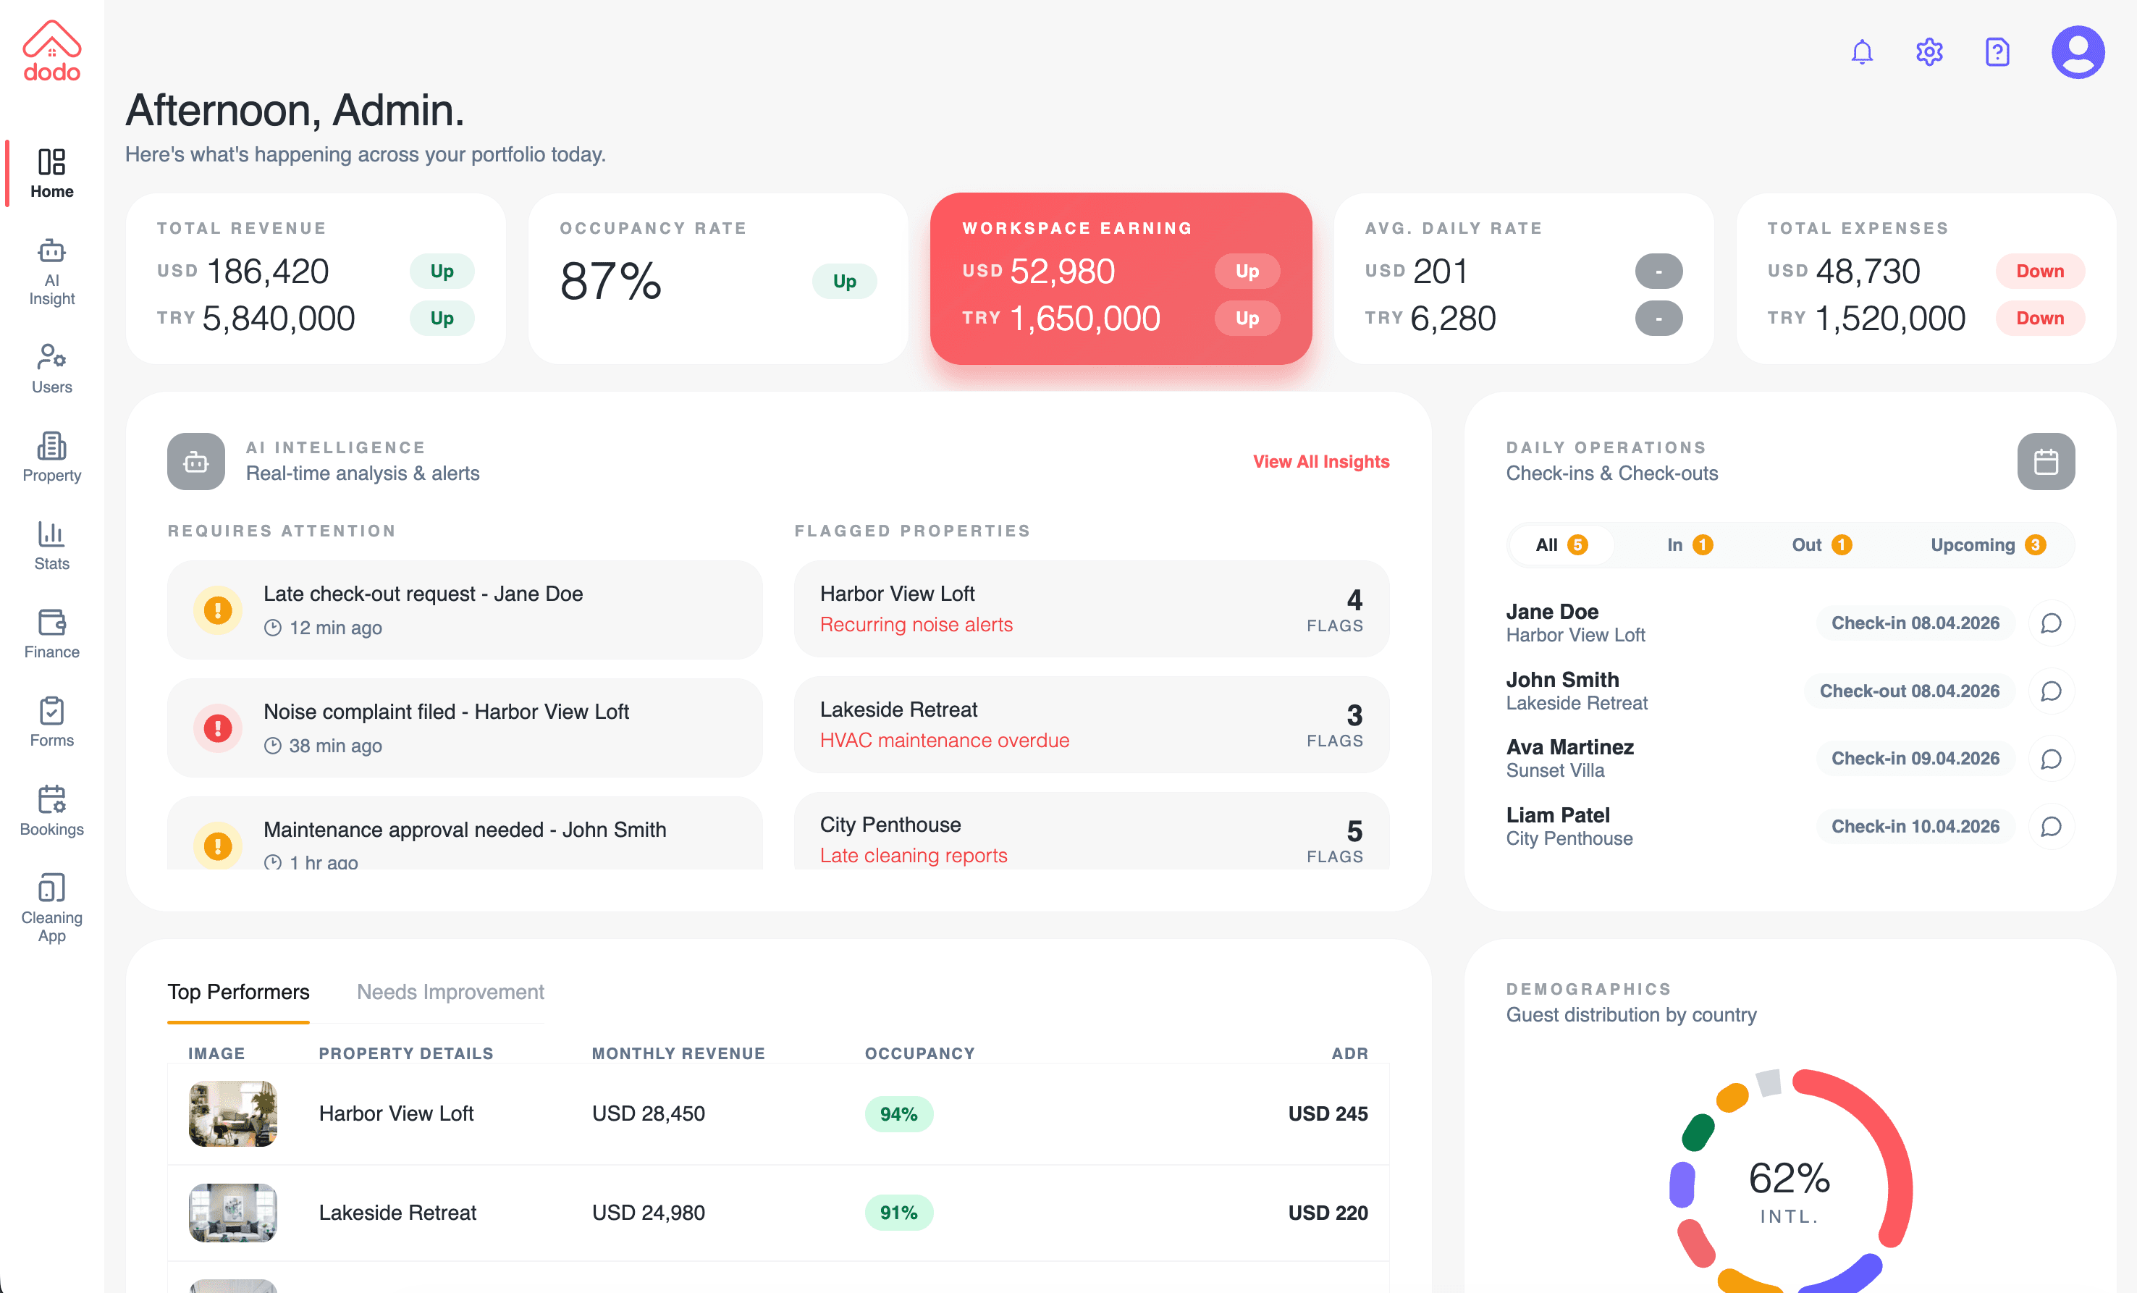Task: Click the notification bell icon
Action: [x=1861, y=52]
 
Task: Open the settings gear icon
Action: [x=1929, y=52]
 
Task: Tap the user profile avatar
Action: [x=2077, y=52]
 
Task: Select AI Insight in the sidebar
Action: [x=52, y=271]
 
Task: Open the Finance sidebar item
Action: [x=52, y=633]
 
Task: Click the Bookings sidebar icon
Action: [x=52, y=810]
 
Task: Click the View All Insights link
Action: [x=1320, y=461]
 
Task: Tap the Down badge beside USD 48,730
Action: [x=2039, y=271]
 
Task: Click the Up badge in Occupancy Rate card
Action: [x=844, y=281]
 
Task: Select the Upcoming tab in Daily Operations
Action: [x=1987, y=544]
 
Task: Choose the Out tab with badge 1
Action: [x=1821, y=544]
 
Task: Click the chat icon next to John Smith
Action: [x=2050, y=691]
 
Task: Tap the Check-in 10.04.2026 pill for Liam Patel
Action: [x=1914, y=827]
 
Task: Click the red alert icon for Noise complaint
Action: [x=218, y=728]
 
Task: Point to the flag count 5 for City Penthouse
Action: [x=1354, y=831]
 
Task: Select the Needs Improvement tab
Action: [x=450, y=991]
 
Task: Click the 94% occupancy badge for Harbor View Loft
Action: [x=898, y=1113]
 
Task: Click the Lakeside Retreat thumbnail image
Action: [x=232, y=1213]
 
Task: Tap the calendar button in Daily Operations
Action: [x=2045, y=461]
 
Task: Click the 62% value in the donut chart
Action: [x=1788, y=1178]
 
